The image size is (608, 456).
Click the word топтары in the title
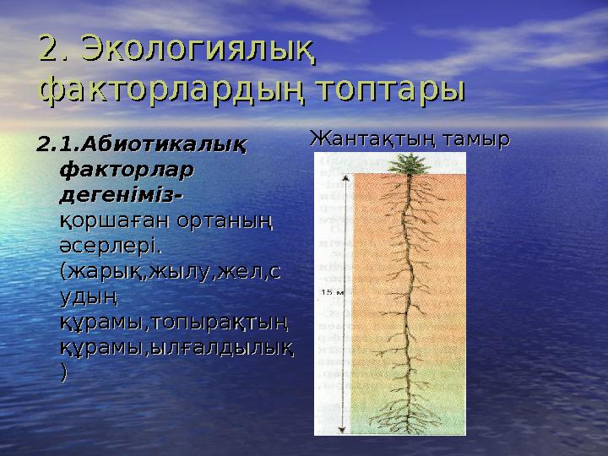[388, 90]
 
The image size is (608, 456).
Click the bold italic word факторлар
[126, 169]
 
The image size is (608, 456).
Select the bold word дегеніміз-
[123, 195]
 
